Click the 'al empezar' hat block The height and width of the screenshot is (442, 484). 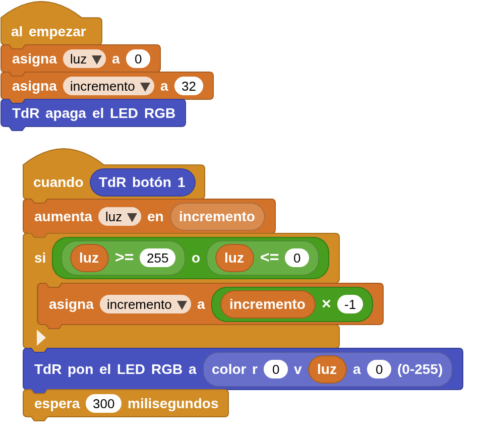[x=49, y=31]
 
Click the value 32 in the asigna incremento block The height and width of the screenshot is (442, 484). [x=189, y=86]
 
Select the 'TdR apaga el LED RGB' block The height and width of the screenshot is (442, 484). [x=93, y=113]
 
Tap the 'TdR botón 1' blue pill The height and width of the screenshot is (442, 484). [x=142, y=182]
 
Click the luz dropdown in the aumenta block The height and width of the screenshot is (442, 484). [x=119, y=217]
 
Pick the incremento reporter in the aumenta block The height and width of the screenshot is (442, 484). [x=217, y=217]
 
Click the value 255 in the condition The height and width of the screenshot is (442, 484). [x=157, y=258]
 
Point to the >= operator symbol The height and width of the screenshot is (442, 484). [x=124, y=258]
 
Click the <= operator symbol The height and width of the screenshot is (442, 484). [x=269, y=258]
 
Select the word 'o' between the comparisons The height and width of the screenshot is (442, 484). [x=196, y=258]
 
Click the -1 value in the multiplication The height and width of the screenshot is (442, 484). [x=350, y=304]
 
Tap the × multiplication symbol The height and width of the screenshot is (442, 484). [x=326, y=304]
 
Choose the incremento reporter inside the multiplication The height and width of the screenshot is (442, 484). [x=267, y=304]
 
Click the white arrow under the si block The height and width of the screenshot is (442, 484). [x=41, y=337]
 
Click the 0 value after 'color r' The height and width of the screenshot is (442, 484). [x=275, y=369]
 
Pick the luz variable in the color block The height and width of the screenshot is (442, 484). [x=327, y=369]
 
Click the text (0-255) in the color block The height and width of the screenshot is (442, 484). [x=419, y=369]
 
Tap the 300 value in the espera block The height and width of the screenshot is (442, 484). [x=103, y=404]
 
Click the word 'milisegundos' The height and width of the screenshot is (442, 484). [x=173, y=404]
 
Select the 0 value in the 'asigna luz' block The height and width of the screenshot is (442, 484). [x=138, y=59]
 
